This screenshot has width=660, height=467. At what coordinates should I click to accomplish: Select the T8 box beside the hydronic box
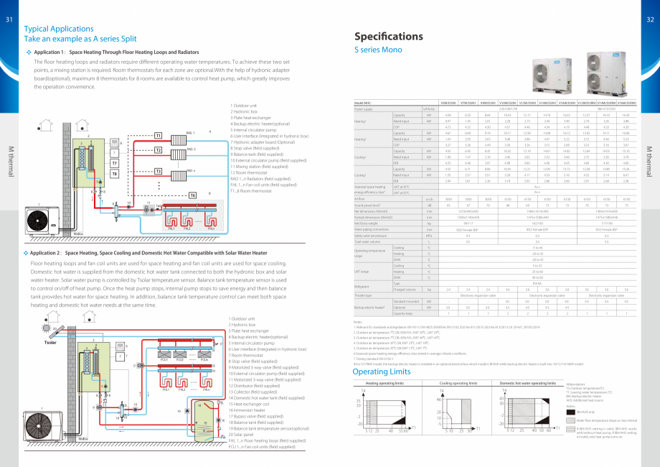click(113, 173)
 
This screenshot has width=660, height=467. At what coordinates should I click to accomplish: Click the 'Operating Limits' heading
click(381, 371)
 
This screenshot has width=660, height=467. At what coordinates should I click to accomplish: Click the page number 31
click(9, 19)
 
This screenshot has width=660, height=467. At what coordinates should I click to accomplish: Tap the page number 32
click(650, 19)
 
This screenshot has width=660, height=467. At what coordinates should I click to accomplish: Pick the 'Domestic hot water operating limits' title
click(528, 384)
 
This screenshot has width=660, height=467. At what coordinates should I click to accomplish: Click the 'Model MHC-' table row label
click(367, 103)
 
